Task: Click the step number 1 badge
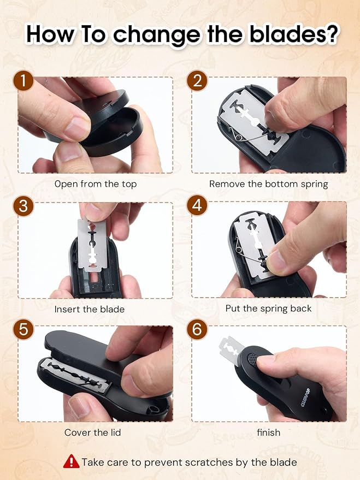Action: click(x=23, y=81)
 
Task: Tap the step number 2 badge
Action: click(x=197, y=81)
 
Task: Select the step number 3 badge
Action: click(x=23, y=206)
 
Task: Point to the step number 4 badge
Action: click(x=197, y=206)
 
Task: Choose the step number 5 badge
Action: click(x=23, y=329)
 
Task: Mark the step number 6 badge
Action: click(x=197, y=329)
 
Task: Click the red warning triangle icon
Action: click(x=72, y=461)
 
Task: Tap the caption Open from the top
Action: click(x=96, y=184)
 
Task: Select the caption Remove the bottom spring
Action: click(x=268, y=184)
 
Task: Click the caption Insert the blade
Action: click(x=90, y=309)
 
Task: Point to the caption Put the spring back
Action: click(x=268, y=309)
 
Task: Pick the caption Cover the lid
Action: click(x=92, y=432)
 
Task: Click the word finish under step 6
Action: click(x=268, y=432)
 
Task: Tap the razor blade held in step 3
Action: click(x=92, y=245)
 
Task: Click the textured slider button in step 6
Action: click(x=253, y=358)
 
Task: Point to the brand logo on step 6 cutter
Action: click(x=305, y=398)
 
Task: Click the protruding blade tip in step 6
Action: click(x=230, y=349)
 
